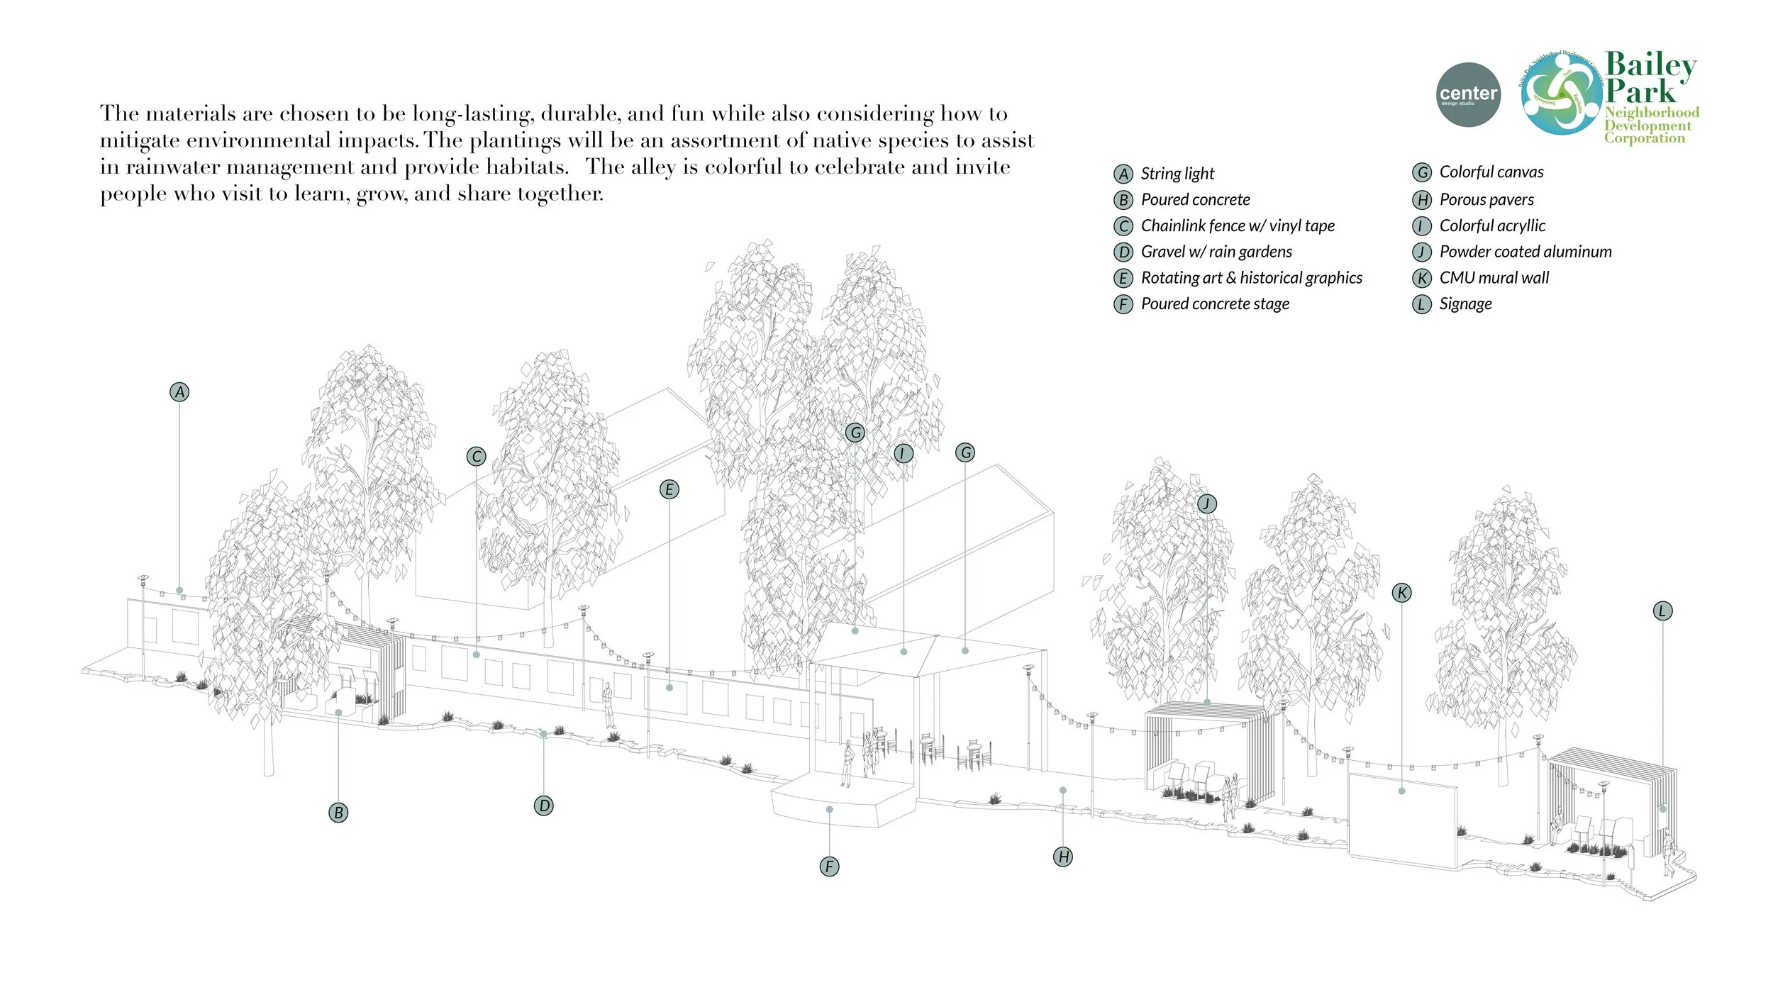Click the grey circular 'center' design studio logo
click(x=1467, y=95)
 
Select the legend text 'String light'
click(x=1177, y=174)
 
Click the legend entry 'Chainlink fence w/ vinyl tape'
click(x=1238, y=226)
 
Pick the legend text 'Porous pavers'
click(x=1486, y=200)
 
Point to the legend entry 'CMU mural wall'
click(x=1494, y=278)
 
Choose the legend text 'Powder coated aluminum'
click(x=1525, y=252)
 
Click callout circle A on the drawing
click(x=180, y=392)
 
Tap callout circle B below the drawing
click(x=339, y=813)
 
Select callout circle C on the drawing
click(x=477, y=457)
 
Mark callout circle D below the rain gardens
click(x=544, y=806)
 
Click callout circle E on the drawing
click(x=669, y=489)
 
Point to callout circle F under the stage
click(x=829, y=867)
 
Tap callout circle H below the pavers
click(x=1063, y=857)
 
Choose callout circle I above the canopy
click(x=903, y=454)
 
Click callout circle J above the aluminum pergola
click(x=1207, y=504)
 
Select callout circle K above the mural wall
click(x=1401, y=594)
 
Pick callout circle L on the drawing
click(x=1662, y=611)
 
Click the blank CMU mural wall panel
click(x=1401, y=819)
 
